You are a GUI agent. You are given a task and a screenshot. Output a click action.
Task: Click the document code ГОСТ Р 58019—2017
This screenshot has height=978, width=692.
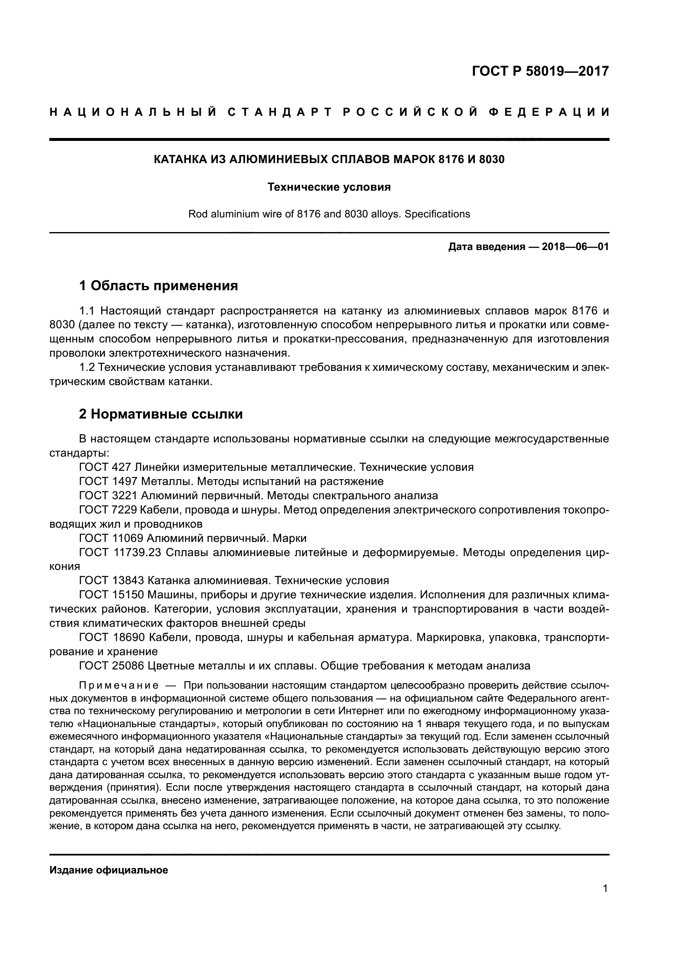(540, 71)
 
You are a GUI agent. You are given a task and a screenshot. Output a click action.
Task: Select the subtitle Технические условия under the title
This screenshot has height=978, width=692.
(329, 187)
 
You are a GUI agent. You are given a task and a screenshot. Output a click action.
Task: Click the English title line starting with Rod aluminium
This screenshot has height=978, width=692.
(329, 214)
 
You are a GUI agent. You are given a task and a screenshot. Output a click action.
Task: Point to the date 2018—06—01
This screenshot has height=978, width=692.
(575, 247)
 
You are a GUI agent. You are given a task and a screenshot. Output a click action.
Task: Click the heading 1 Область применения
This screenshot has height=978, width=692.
(159, 286)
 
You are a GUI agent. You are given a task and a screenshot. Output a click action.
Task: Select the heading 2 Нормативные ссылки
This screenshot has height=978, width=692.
(161, 414)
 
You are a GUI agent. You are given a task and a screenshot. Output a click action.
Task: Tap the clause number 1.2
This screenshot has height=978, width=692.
(87, 367)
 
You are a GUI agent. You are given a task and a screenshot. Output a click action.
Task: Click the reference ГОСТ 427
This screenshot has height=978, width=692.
(105, 467)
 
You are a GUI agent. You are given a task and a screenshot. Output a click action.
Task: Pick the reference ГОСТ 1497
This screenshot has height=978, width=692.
(108, 481)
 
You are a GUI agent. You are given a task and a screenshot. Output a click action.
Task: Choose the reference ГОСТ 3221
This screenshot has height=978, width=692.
(108, 495)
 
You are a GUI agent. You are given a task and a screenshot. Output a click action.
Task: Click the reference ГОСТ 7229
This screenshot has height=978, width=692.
(108, 510)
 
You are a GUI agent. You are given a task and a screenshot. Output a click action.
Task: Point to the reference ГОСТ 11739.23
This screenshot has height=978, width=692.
(120, 552)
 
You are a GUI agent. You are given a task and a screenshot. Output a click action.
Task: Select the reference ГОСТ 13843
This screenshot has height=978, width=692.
(112, 581)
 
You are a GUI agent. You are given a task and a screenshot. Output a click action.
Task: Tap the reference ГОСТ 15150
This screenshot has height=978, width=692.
(112, 595)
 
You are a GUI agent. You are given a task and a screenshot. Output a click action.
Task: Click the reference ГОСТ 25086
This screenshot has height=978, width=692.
(112, 666)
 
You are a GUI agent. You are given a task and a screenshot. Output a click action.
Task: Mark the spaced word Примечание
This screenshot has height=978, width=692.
(119, 686)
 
